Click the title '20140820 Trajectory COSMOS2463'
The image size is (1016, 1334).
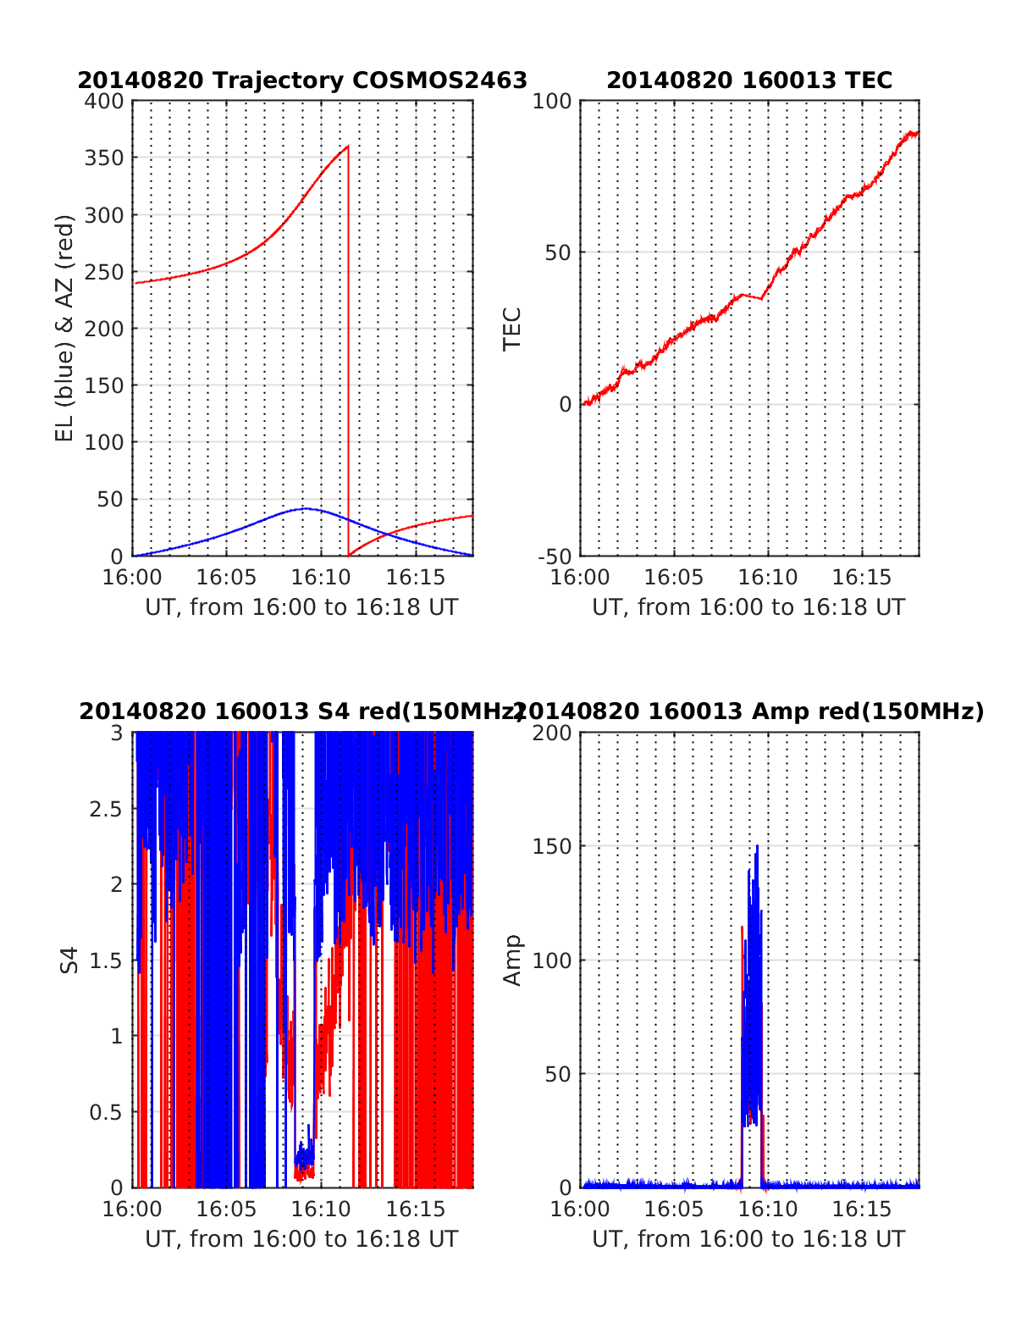pyautogui.click(x=302, y=80)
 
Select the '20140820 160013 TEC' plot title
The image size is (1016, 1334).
pyautogui.click(x=749, y=80)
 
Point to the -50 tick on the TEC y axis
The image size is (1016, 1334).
pyautogui.click(x=555, y=556)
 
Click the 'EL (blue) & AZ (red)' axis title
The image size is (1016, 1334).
pyautogui.click(x=65, y=328)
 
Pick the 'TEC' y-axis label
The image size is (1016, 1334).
pyautogui.click(x=512, y=329)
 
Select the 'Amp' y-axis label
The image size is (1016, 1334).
pyautogui.click(x=512, y=960)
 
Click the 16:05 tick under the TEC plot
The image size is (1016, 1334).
pyautogui.click(x=674, y=578)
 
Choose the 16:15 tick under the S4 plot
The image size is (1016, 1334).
pyautogui.click(x=416, y=1209)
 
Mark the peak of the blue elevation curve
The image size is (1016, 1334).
pyautogui.click(x=305, y=508)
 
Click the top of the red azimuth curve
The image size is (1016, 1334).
pyautogui.click(x=347, y=147)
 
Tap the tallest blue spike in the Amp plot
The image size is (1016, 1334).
pyautogui.click(x=757, y=845)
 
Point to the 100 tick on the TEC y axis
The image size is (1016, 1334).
pyautogui.click(x=555, y=102)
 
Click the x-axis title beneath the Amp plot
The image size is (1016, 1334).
pyautogui.click(x=748, y=1239)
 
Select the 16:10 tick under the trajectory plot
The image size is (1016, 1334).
pyautogui.click(x=321, y=578)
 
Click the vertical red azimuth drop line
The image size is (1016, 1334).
pyautogui.click(x=348, y=356)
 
